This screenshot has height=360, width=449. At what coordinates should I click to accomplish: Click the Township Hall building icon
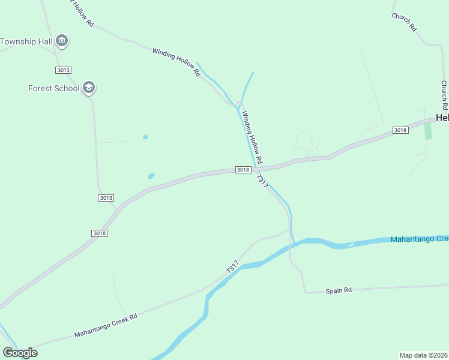pos(61,41)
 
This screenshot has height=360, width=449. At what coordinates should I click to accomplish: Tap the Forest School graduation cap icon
pos(89,88)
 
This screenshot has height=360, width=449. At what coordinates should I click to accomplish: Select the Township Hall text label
pos(26,41)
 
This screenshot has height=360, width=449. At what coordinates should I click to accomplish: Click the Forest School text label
pos(53,88)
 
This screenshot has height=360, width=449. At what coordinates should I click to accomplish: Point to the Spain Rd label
pos(339,290)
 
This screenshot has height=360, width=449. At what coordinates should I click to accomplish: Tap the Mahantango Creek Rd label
pos(106,325)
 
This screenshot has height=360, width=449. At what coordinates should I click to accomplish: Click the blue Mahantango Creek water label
pos(419,239)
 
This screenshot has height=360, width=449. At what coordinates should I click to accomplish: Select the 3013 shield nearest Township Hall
pos(63,70)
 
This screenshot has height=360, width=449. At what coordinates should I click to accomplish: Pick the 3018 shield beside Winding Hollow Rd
pos(243,170)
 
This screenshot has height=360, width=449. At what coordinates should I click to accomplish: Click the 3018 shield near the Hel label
pos(400,130)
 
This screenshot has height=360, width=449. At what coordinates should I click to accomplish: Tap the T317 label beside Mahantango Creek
pos(233,267)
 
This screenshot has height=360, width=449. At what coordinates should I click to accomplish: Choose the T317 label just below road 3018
pos(262,182)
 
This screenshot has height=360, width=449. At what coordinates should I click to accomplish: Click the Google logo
pos(20,353)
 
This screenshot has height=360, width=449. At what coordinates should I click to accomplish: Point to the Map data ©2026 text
pos(424,355)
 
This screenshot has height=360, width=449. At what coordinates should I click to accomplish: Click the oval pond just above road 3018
pos(151,176)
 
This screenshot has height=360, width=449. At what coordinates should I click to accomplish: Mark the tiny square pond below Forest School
pos(145,137)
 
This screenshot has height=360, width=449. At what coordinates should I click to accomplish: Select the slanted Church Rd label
pos(403,22)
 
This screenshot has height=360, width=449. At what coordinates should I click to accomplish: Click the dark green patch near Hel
pos(428,131)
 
